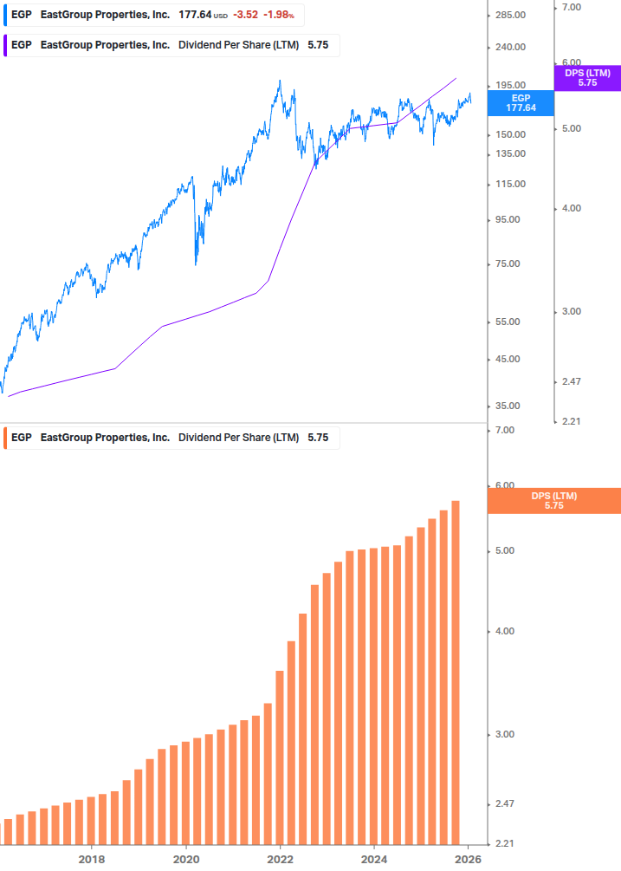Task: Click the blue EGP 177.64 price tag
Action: click(521, 103)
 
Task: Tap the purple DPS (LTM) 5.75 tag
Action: click(587, 77)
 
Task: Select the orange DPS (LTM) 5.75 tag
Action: click(554, 501)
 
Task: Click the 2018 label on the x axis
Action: click(92, 859)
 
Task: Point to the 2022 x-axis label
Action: click(280, 859)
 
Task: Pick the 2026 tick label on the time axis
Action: click(468, 859)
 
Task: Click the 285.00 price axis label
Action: click(509, 16)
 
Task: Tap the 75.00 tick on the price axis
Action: click(507, 264)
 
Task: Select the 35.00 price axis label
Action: click(507, 406)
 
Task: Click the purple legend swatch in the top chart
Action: click(5, 45)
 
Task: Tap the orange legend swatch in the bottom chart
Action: click(5, 438)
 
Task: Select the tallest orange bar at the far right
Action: click(456, 672)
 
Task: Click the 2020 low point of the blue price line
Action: click(195, 264)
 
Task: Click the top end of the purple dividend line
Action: click(456, 79)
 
